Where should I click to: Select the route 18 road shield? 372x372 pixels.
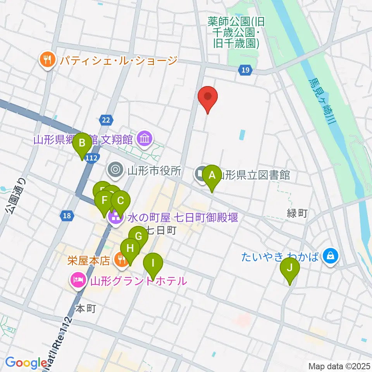pos(67,215)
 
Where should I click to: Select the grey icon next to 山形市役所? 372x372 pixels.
pos(115,169)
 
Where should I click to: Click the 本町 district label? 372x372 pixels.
pos(85,308)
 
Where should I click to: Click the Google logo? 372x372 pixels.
pos(26,362)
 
